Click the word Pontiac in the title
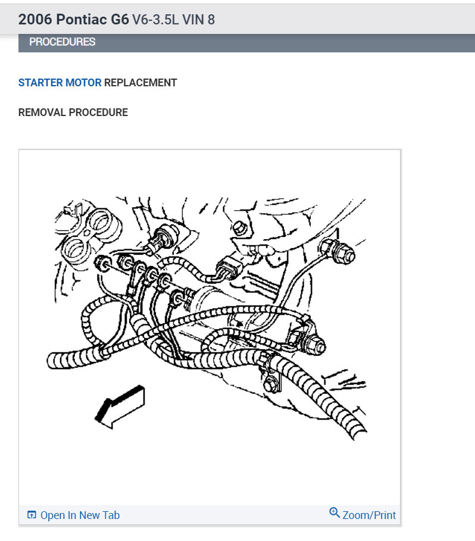click(82, 19)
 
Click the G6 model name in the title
click(120, 19)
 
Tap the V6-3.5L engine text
click(155, 20)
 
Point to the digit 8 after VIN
click(211, 20)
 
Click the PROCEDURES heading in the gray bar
click(62, 42)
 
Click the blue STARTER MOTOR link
click(60, 83)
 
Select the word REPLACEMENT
click(140, 83)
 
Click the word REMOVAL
click(42, 112)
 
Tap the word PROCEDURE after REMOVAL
click(98, 112)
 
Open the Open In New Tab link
click(80, 515)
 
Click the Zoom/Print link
click(369, 515)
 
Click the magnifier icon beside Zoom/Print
click(335, 512)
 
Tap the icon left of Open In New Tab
click(32, 515)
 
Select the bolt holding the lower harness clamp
click(271, 384)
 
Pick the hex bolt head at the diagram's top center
click(239, 227)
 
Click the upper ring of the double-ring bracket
click(102, 222)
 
